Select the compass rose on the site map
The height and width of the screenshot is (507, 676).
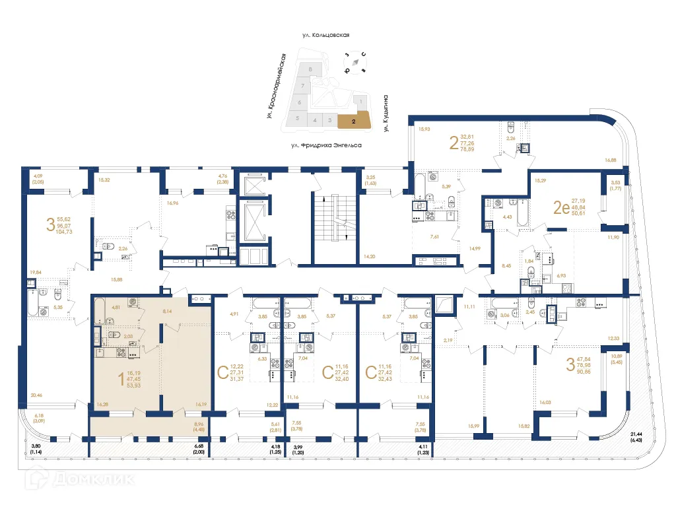(356, 62)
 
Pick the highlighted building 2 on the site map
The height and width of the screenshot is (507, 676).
(355, 121)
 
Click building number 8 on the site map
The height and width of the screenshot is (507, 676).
(310, 69)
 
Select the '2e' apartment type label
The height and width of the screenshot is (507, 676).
(560, 209)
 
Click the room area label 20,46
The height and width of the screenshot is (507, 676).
(36, 395)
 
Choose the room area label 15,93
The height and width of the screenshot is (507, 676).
(424, 129)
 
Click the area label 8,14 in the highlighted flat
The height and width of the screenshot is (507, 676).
(168, 310)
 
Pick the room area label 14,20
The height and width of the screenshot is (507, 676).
(370, 256)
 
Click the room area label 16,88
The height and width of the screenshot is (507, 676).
(610, 160)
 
